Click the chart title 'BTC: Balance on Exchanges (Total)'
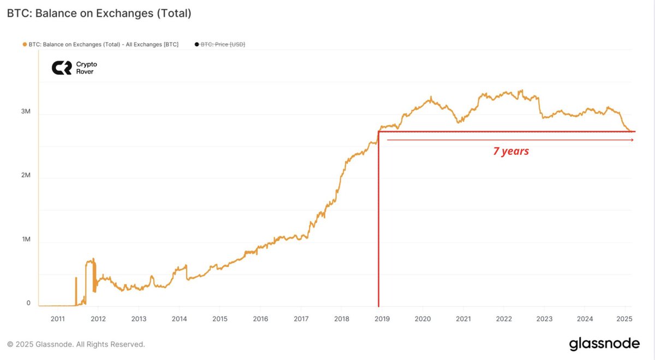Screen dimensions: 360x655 coord(99,14)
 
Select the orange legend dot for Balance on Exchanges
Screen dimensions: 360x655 coord(25,44)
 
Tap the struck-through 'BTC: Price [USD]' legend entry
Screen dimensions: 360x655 coord(223,44)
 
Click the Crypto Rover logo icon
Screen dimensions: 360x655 coord(61,68)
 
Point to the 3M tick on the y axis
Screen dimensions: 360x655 coord(26,112)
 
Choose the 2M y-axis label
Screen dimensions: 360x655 coord(26,176)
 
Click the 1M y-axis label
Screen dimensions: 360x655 coord(26,239)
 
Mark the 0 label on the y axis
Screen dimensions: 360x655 coord(28,303)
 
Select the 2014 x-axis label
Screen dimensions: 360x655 coord(180,319)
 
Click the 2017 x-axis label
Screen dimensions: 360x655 coord(301,319)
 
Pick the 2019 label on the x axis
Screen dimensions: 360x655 coord(383,319)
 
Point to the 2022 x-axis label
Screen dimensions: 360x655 coord(504,319)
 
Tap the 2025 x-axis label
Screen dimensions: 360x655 coord(624,319)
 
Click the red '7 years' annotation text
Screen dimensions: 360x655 coord(511,152)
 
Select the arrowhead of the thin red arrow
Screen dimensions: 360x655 coord(632,140)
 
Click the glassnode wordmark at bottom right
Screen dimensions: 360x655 coord(604,344)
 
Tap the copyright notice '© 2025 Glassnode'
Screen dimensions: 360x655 coord(76,344)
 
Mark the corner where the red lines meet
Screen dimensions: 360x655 coord(378,131)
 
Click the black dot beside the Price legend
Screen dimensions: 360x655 coord(197,44)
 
